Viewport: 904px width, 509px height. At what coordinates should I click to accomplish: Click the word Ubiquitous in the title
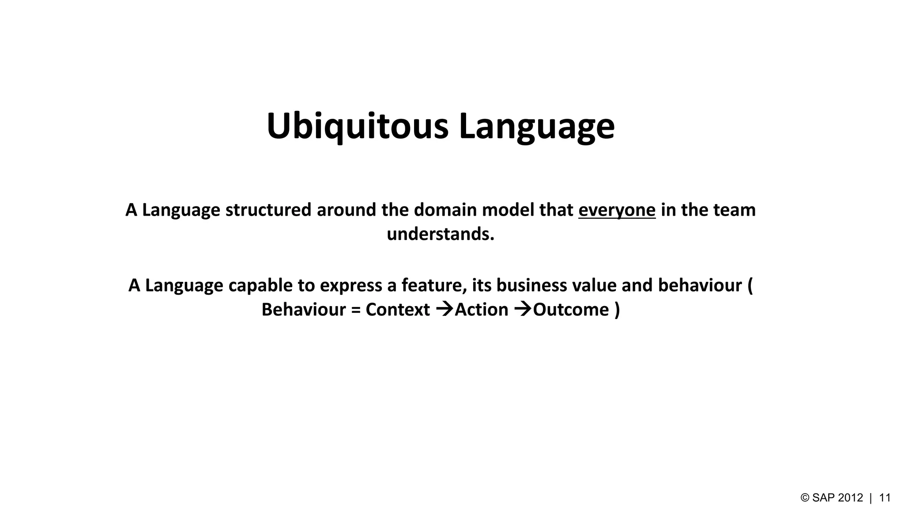[x=357, y=126]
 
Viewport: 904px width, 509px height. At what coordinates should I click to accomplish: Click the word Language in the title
[x=536, y=126]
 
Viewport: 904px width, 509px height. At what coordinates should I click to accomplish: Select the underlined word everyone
[x=617, y=210]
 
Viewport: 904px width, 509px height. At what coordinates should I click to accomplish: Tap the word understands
[x=440, y=234]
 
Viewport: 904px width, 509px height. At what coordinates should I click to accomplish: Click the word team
[x=737, y=210]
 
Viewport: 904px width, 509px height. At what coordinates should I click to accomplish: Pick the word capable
[x=260, y=286]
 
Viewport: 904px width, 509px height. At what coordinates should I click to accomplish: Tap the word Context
[x=397, y=310]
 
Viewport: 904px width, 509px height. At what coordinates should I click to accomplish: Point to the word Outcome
[x=571, y=310]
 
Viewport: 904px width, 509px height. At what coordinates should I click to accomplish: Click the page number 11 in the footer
[x=885, y=498]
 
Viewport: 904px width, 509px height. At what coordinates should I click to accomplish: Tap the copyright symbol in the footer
[x=805, y=498]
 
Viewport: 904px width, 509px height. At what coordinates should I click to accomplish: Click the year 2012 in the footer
[x=850, y=498]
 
